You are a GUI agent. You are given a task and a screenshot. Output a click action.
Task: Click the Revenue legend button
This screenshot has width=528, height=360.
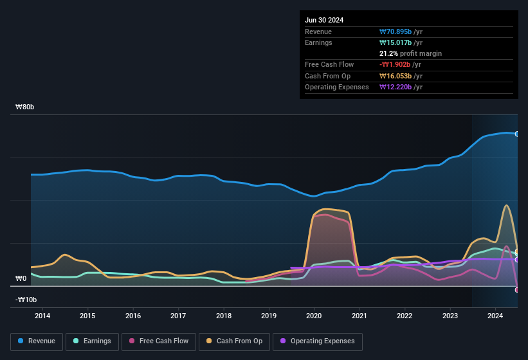click(x=37, y=341)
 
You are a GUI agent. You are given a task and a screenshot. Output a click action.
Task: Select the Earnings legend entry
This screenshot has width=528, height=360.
click(x=91, y=341)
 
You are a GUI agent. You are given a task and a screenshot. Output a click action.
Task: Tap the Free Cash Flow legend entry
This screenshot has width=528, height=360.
click(x=159, y=341)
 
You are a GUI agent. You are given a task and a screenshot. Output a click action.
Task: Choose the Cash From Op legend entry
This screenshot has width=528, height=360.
click(x=235, y=341)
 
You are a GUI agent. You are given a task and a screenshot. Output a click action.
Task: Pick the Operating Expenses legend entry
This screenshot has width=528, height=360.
click(x=317, y=341)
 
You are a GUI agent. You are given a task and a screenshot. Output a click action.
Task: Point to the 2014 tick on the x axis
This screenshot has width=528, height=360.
click(x=42, y=316)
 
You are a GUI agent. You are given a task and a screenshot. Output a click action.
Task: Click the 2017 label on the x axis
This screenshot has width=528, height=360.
click(x=178, y=316)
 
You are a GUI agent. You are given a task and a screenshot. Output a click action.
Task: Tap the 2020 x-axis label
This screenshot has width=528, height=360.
click(x=314, y=316)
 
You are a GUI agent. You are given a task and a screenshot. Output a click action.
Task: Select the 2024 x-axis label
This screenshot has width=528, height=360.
click(x=495, y=316)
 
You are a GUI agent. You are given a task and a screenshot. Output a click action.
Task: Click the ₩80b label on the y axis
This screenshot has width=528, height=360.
click(x=25, y=107)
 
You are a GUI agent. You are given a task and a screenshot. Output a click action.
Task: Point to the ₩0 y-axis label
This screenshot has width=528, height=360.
click(x=21, y=279)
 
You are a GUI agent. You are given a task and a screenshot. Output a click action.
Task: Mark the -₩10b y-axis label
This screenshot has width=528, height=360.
click(x=26, y=300)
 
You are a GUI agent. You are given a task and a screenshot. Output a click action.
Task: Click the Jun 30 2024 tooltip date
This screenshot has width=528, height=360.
click(x=324, y=20)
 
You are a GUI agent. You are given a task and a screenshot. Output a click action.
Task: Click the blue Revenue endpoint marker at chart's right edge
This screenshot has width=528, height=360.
click(x=517, y=134)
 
